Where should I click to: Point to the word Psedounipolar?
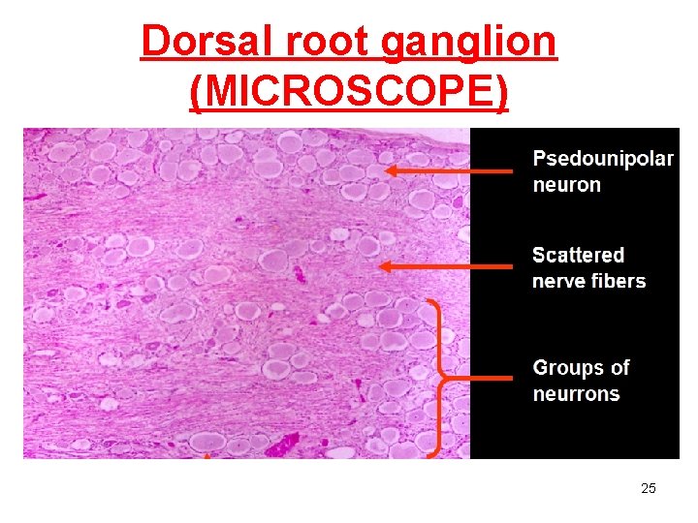(603, 159)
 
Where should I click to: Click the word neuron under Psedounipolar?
(567, 184)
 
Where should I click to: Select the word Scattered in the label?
(579, 255)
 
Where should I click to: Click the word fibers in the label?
(619, 281)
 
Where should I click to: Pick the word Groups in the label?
(570, 368)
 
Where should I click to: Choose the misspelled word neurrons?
(576, 394)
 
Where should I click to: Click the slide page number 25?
(649, 488)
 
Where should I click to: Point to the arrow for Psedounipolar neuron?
(450, 171)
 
